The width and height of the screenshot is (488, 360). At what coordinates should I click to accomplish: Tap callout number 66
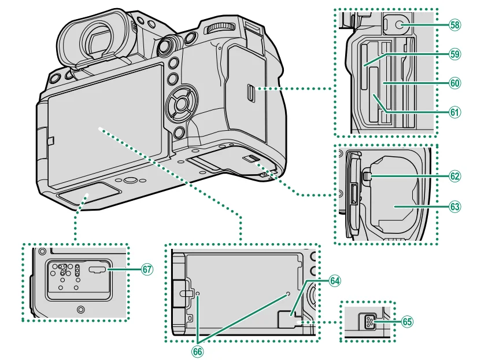coord(198,350)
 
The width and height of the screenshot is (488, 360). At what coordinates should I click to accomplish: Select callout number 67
coord(147,269)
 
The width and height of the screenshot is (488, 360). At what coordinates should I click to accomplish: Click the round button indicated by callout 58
coord(397,25)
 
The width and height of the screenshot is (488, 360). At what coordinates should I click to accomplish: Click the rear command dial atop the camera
coord(220,28)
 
